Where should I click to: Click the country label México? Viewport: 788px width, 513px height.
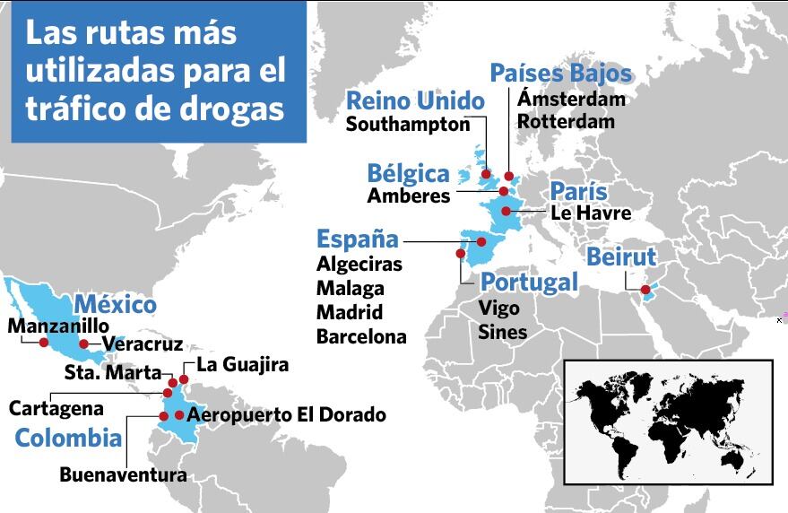(115, 304)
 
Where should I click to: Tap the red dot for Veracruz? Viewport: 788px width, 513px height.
(83, 343)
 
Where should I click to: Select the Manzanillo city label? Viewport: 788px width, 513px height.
(57, 326)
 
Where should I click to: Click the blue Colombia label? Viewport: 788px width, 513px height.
(68, 439)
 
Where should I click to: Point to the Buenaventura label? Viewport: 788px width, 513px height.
(124, 474)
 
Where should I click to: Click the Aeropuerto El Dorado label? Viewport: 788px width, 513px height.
(287, 414)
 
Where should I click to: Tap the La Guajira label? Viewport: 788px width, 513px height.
(242, 365)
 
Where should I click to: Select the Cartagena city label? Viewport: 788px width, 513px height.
(56, 408)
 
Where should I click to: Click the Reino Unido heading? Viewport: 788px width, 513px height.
(415, 100)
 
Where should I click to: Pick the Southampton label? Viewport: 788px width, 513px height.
(408, 125)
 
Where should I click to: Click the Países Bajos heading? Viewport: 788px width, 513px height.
(561, 74)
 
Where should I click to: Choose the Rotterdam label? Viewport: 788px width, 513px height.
(567, 121)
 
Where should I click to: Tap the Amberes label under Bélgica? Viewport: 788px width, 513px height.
(409, 195)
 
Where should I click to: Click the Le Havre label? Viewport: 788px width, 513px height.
(591, 213)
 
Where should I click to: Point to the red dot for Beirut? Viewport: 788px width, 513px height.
(645, 289)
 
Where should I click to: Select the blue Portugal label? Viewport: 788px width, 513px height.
(529, 283)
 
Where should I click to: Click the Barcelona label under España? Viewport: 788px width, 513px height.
(361, 337)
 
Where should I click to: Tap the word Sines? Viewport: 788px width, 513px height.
(502, 332)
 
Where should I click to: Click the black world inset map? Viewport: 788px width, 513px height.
(668, 422)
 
